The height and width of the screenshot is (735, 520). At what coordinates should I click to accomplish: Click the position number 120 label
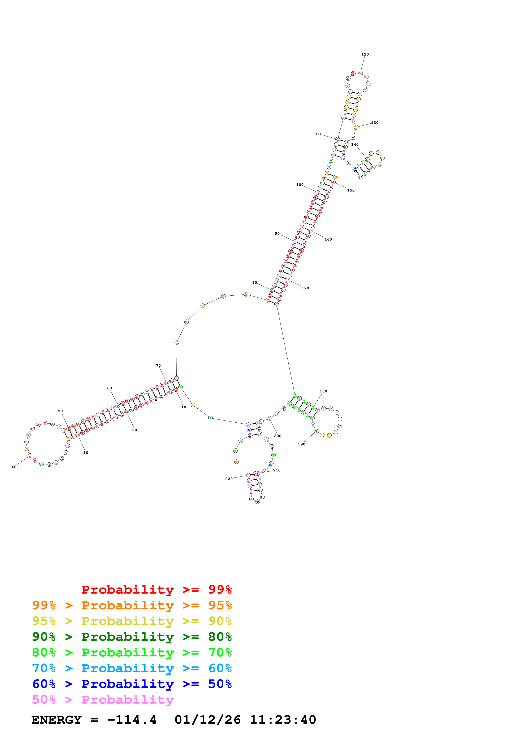(x=365, y=54)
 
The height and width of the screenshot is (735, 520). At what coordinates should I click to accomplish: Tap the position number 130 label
(x=375, y=123)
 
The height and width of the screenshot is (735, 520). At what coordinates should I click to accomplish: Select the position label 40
(x=14, y=467)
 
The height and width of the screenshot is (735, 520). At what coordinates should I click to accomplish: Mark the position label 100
(x=300, y=185)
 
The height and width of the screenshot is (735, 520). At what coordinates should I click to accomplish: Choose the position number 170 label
(x=305, y=288)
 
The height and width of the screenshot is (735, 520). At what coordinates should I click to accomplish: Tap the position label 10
(x=184, y=407)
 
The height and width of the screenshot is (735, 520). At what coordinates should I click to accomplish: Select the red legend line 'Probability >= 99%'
(x=156, y=590)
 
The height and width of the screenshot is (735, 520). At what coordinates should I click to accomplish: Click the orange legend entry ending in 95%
(x=132, y=605)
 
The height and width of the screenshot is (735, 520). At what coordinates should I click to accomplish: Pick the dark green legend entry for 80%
(x=132, y=637)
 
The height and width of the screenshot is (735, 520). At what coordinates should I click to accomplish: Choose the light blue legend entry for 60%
(x=132, y=668)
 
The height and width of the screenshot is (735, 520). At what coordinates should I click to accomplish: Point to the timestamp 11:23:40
(x=283, y=720)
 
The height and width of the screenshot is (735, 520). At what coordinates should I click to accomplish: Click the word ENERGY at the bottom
(x=56, y=720)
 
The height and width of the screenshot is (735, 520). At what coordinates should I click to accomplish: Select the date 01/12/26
(x=208, y=720)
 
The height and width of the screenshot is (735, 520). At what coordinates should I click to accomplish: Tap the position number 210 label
(x=277, y=470)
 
